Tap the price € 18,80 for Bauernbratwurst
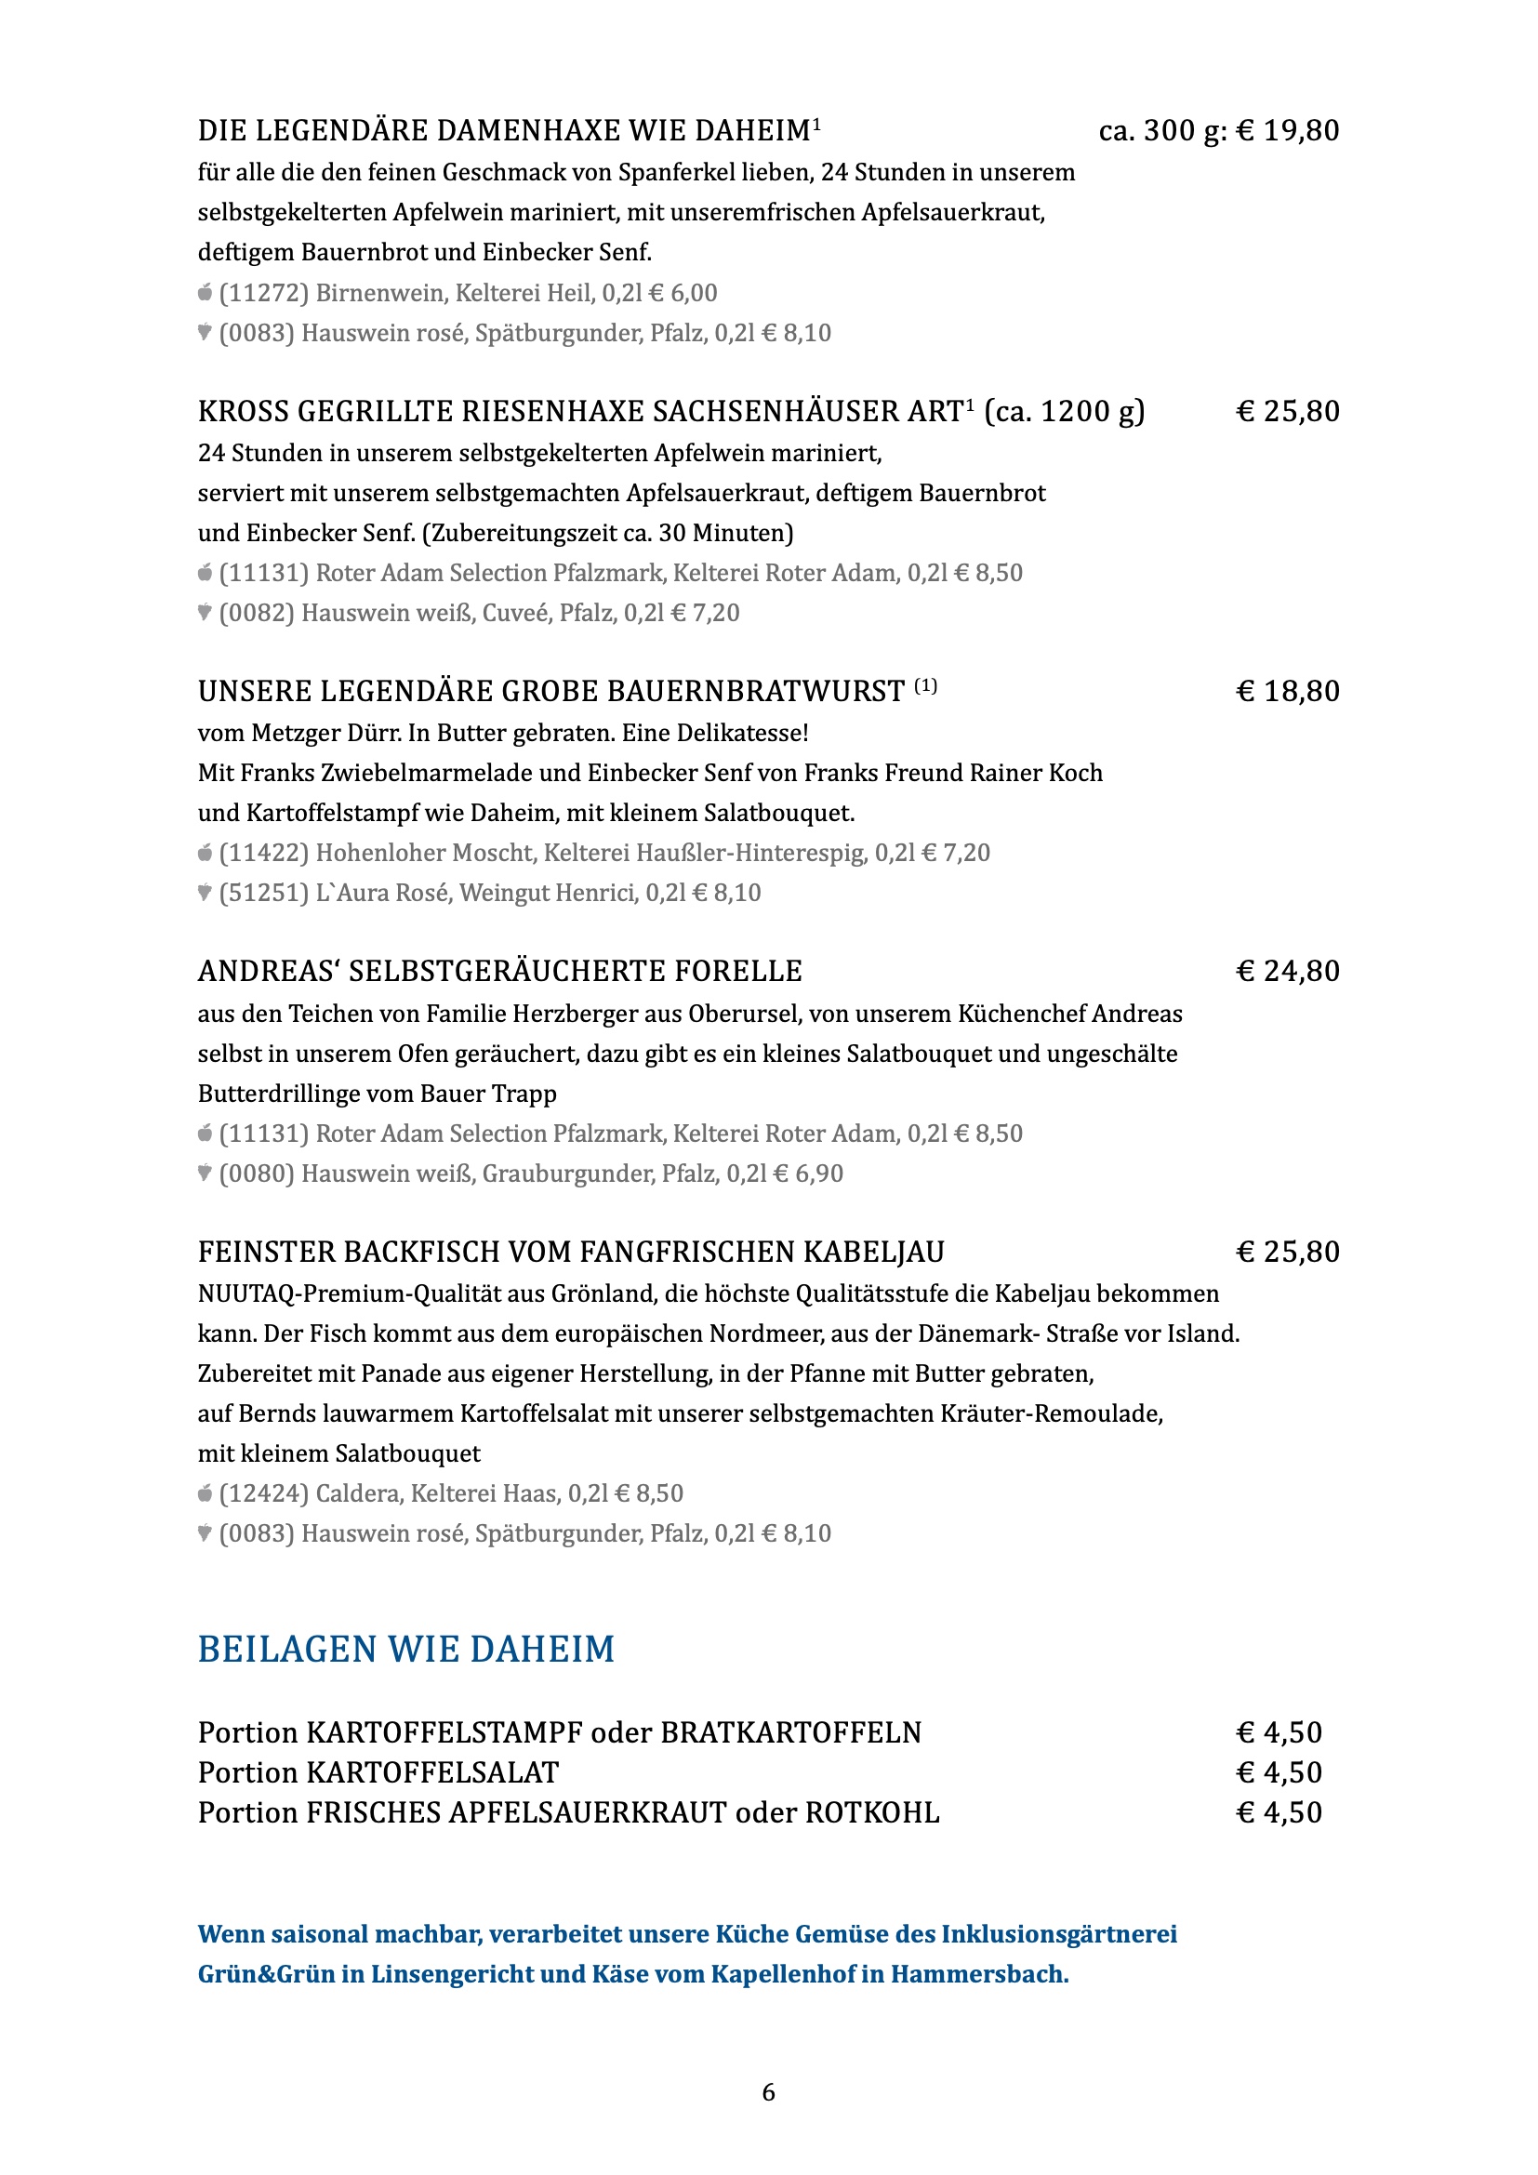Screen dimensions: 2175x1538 coord(1288,692)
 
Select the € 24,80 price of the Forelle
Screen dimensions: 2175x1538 coord(1288,972)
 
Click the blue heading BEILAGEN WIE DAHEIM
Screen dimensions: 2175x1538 coord(406,1651)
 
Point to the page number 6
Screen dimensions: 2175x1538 coord(769,2091)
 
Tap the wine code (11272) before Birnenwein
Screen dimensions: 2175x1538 coord(264,294)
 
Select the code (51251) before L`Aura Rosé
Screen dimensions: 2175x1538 coord(264,894)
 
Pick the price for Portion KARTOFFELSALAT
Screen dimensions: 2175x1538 coord(1279,1772)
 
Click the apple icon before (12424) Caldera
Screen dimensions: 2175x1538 coord(205,1494)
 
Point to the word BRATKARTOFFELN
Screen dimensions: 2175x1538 coord(790,1732)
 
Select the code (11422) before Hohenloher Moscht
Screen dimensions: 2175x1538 coord(264,854)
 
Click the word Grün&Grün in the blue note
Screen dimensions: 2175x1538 coord(266,1974)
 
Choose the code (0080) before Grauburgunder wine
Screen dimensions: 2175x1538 coord(257,1174)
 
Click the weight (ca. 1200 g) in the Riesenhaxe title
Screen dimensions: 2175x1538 coord(1065,412)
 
